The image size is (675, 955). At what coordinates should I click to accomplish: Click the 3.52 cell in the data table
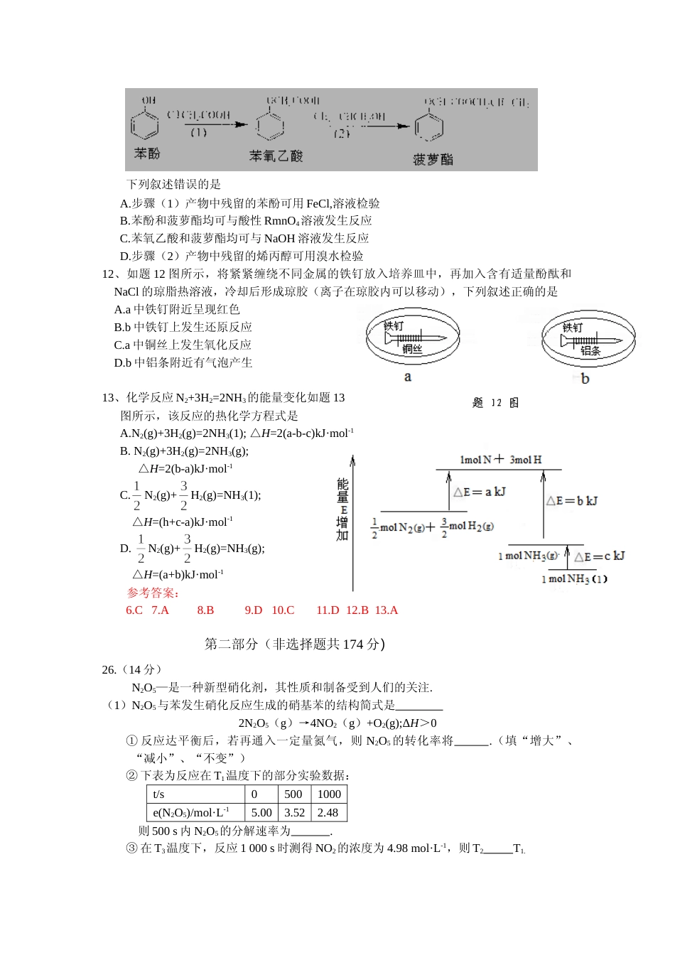(294, 812)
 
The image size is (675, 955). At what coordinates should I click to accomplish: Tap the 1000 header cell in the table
(329, 794)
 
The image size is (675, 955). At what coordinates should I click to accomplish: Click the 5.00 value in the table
(261, 812)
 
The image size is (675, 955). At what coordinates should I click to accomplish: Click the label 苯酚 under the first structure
(147, 153)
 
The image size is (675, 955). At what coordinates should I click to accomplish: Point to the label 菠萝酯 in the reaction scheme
(433, 159)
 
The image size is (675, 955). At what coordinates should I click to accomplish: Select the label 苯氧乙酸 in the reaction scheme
(276, 156)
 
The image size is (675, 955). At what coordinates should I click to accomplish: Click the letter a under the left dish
(408, 377)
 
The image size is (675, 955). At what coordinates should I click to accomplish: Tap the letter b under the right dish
(585, 379)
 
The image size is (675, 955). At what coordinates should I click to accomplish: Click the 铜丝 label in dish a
(412, 349)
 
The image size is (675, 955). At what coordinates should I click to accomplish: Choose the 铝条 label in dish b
(590, 350)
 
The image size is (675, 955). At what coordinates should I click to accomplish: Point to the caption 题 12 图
(496, 403)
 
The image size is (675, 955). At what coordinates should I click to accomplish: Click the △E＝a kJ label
(480, 492)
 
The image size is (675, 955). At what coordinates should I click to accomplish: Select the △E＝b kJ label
(572, 501)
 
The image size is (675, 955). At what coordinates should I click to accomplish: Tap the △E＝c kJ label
(600, 556)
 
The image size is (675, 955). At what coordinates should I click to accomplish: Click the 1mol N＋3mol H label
(501, 460)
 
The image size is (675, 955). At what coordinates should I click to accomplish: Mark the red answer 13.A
(387, 610)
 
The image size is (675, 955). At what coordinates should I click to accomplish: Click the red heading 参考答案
(153, 593)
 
